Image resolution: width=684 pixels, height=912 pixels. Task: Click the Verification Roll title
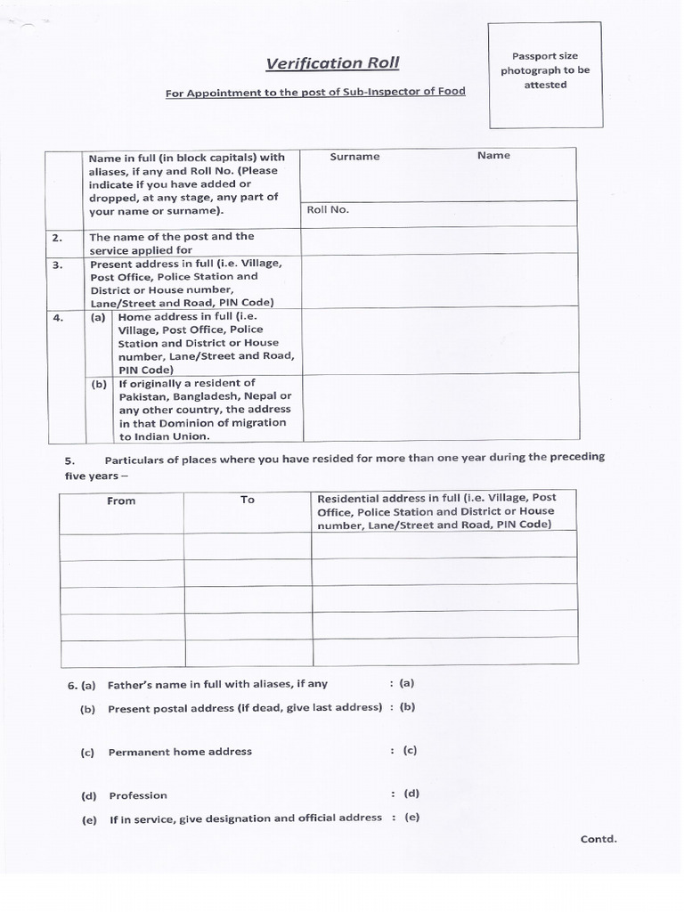click(332, 63)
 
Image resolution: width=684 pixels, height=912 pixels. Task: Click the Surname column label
click(354, 157)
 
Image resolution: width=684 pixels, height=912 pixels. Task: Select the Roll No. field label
click(328, 210)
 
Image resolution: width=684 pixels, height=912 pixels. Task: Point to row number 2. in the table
click(56, 238)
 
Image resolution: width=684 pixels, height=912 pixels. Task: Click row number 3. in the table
click(56, 265)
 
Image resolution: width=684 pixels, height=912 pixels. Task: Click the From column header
click(121, 501)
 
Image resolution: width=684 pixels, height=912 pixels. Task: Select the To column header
click(248, 501)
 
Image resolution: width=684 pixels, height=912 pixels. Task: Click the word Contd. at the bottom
click(598, 839)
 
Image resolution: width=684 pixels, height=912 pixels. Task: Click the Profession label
click(138, 796)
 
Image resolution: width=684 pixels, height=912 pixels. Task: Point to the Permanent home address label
click(180, 753)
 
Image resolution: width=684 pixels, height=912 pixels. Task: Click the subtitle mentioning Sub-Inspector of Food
click(315, 92)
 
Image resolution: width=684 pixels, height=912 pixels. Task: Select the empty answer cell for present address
click(438, 282)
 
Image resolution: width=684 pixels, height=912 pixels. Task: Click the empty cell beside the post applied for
click(438, 242)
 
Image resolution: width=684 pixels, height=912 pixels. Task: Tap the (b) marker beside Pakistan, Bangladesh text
click(99, 385)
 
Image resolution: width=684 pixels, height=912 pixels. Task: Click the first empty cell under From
click(122, 545)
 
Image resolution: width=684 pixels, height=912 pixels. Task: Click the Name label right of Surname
click(493, 156)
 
